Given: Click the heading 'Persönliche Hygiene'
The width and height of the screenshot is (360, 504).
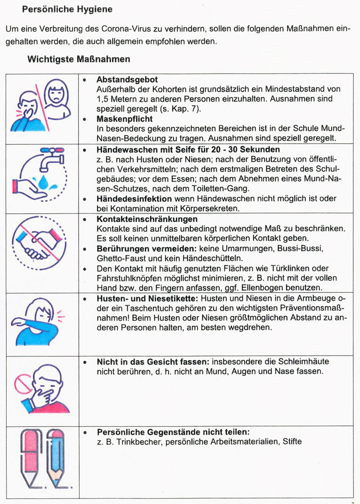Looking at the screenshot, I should tap(67, 9).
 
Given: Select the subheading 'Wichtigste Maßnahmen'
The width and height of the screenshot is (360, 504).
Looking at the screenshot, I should tap(79, 59).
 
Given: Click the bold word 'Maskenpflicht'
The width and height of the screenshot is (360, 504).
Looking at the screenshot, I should tap(125, 119).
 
